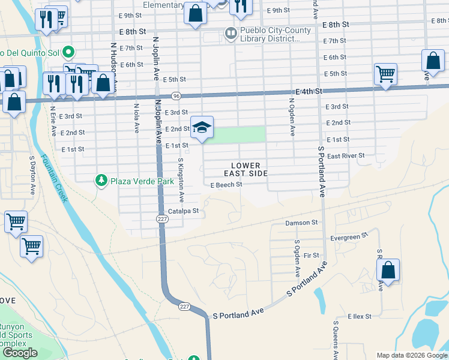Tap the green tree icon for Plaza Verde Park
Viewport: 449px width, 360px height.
pos(101,180)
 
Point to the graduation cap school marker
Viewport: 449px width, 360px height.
pos(202,127)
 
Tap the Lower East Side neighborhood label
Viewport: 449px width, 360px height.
pos(246,169)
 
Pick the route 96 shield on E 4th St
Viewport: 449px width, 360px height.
pos(176,95)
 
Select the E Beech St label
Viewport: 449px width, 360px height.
pos(226,185)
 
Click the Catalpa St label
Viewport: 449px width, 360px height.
pos(183,211)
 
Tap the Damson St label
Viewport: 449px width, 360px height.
pos(301,223)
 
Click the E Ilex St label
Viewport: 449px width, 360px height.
pos(360,316)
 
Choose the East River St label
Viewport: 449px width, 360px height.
pos(346,156)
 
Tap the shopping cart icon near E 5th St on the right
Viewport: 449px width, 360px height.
pos(385,76)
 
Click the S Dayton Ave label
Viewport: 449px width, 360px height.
pos(32,176)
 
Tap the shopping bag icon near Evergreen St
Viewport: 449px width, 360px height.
pos(388,271)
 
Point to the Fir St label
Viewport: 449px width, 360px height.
pos(312,256)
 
